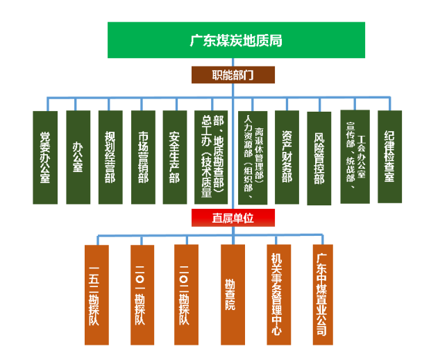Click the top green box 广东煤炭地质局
click(236, 40)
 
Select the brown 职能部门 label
click(233, 74)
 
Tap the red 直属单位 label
click(233, 218)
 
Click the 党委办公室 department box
click(45, 157)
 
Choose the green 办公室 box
click(78, 157)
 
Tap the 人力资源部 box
click(253, 157)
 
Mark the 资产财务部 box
click(287, 157)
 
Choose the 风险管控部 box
click(319, 157)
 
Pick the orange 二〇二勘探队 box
click(185, 295)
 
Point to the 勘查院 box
click(230, 295)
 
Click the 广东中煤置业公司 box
click(322, 295)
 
